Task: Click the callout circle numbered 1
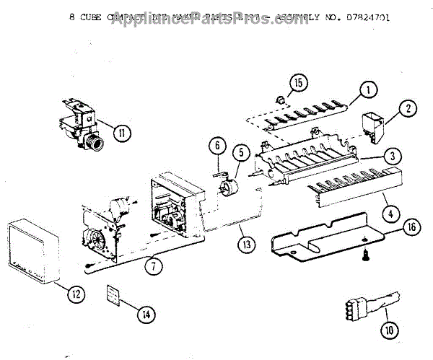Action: [x=367, y=90]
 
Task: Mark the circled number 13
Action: [x=248, y=245]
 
